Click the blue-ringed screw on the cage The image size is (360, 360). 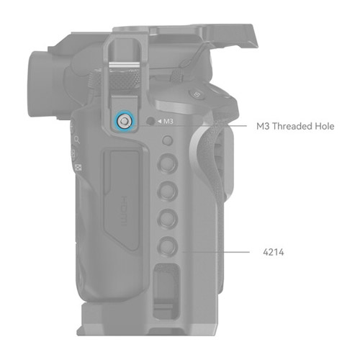pyautogui.click(x=124, y=122)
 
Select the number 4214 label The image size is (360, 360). pyautogui.click(x=274, y=252)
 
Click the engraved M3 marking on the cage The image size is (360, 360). pyautogui.click(x=168, y=122)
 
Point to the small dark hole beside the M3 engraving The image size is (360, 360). pyautogui.click(x=150, y=121)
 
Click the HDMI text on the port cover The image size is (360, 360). pyautogui.click(x=124, y=211)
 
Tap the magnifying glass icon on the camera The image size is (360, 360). pyautogui.click(x=77, y=140)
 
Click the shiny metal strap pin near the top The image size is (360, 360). pyautogui.click(x=124, y=65)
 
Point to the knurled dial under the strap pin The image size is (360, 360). pyautogui.click(x=124, y=80)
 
